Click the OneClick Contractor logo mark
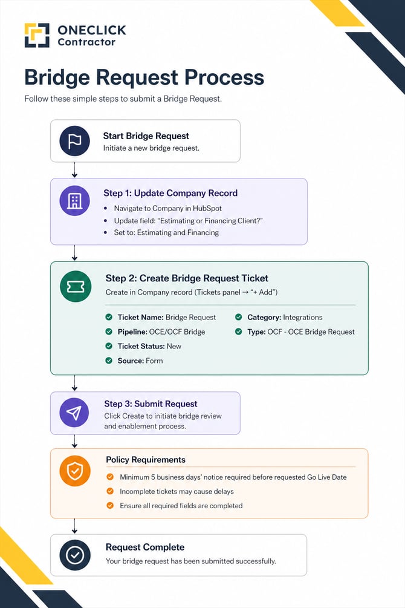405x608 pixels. pyautogui.click(x=37, y=35)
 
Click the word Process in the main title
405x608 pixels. pyautogui.click(x=224, y=77)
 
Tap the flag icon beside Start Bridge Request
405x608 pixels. pyautogui.click(x=75, y=141)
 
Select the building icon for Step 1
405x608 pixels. pyautogui.click(x=75, y=200)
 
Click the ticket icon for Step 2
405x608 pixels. pyautogui.click(x=76, y=287)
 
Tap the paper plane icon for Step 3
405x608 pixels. pyautogui.click(x=74, y=413)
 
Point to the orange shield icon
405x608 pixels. pyautogui.click(x=75, y=471)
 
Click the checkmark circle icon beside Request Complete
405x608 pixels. pyautogui.click(x=75, y=555)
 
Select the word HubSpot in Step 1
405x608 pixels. pyautogui.click(x=207, y=208)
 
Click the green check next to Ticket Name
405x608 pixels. pyautogui.click(x=109, y=317)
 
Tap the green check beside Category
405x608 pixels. pyautogui.click(x=238, y=317)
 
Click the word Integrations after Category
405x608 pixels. pyautogui.click(x=303, y=317)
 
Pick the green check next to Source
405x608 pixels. pyautogui.click(x=109, y=361)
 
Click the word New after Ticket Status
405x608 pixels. pyautogui.click(x=174, y=346)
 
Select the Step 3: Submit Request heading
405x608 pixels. pyautogui.click(x=151, y=404)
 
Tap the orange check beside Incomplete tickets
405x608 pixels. pyautogui.click(x=110, y=491)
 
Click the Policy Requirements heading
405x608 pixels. pyautogui.click(x=146, y=460)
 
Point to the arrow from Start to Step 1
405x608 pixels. pyautogui.click(x=74, y=170)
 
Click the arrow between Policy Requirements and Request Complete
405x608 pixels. pyautogui.click(x=74, y=526)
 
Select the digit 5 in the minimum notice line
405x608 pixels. pyautogui.click(x=153, y=477)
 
